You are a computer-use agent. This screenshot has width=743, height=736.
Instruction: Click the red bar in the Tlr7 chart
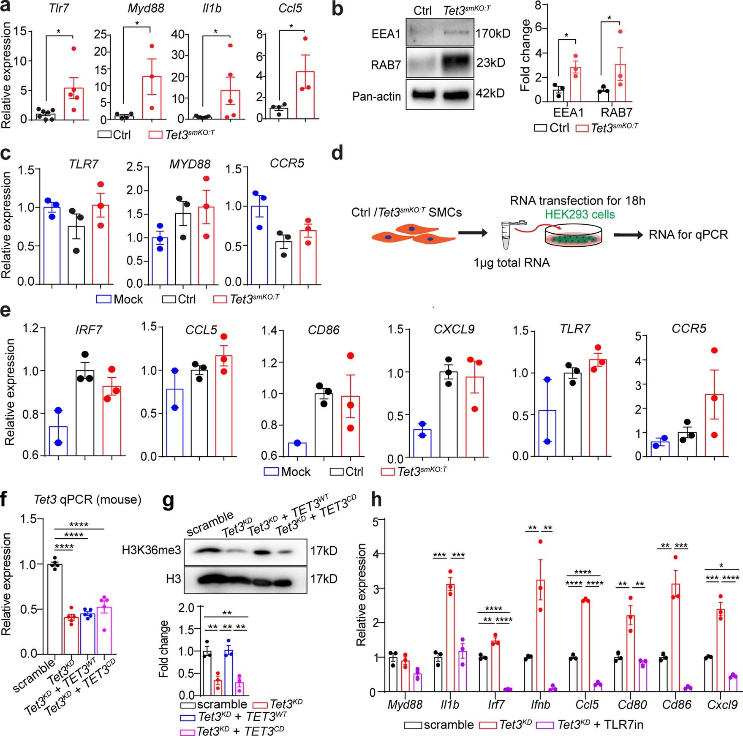point(74,104)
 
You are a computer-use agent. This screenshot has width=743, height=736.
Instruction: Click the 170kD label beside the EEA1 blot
point(493,33)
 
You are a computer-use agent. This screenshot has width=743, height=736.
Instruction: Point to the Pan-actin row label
point(376,97)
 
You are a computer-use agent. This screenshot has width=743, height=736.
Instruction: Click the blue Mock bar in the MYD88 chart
point(160,260)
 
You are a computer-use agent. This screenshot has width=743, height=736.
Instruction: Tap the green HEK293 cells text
point(580,214)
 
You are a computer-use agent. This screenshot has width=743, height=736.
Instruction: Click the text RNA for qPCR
point(688,234)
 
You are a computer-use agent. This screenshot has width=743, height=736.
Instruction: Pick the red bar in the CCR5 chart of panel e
point(714,425)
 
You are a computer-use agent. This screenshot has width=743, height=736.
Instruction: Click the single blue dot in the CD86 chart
point(297,443)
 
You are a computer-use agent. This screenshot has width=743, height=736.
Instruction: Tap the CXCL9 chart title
point(454,330)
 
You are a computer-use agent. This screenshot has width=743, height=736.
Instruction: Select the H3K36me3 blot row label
point(151,551)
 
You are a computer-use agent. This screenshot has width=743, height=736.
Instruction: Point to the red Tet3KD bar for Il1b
point(450,638)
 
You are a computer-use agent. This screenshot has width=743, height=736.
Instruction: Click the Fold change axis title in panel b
point(525,55)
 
